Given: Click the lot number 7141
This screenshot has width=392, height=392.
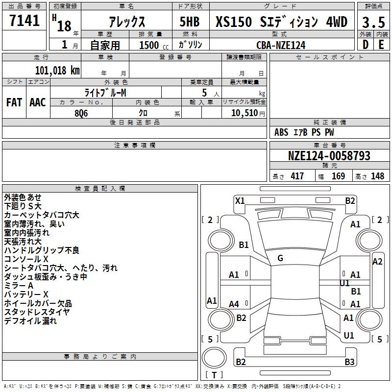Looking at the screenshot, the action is click(x=24, y=22).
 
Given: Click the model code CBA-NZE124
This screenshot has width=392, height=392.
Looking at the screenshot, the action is click(x=281, y=45).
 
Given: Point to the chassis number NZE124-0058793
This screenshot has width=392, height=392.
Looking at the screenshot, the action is click(x=329, y=156).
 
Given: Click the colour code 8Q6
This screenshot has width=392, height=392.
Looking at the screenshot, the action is click(x=81, y=112).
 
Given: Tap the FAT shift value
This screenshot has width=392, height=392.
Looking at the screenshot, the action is click(x=14, y=102).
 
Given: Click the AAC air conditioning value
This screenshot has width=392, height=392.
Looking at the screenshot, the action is click(x=38, y=102).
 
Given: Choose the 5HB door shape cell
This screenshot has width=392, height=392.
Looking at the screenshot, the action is click(x=189, y=23).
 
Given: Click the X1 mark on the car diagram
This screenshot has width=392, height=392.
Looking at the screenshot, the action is click(x=240, y=200).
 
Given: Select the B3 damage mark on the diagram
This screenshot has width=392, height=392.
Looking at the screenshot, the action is click(x=349, y=362).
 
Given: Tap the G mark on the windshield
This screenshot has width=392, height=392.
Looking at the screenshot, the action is click(x=280, y=258).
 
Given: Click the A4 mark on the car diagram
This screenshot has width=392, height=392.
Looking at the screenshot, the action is click(x=234, y=304).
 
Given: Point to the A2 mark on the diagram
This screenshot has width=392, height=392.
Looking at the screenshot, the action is click(x=377, y=261).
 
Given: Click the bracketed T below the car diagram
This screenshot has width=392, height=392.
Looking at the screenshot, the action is click(x=214, y=375).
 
